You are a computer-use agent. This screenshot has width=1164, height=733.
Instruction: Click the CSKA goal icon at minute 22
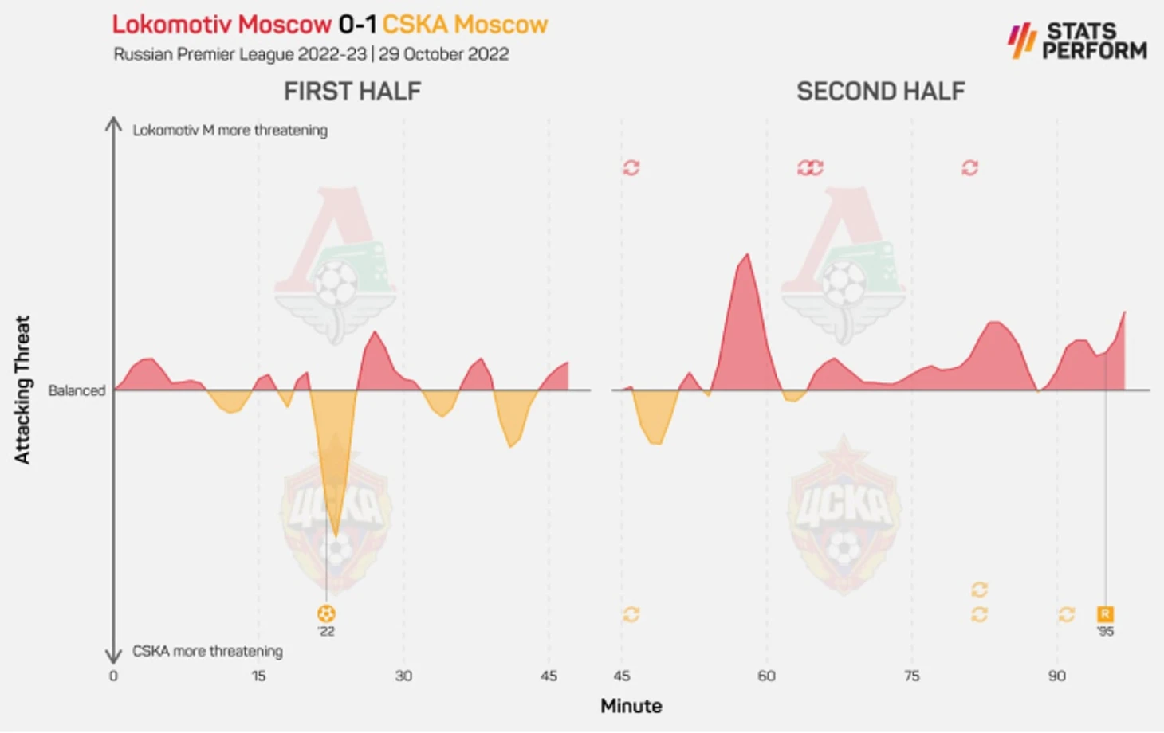pos(326,613)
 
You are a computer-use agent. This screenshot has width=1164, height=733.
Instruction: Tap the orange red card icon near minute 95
pos(1105,613)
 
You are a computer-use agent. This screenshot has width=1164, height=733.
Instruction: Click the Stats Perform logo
pos(1077,41)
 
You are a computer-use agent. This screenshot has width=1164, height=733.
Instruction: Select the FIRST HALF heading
pos(352,92)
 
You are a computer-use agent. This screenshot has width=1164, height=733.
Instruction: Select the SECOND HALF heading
pos(880,92)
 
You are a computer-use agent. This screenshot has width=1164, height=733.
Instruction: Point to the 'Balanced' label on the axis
pos(77,390)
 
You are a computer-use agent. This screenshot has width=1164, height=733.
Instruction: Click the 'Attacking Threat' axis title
pos(22,390)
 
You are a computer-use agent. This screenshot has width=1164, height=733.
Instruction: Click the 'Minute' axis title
pos(631,706)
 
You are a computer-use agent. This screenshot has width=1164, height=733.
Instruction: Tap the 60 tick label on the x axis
pos(766,676)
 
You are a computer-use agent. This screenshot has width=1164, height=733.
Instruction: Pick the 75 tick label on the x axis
pos(911,676)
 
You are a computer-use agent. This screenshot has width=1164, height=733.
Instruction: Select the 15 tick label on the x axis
pos(258,676)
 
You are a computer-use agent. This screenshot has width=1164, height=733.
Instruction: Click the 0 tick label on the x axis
pos(113,676)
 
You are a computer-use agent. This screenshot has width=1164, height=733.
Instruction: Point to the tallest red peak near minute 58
pos(747,257)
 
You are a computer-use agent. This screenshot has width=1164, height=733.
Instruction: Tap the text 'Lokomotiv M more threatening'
pos(230,130)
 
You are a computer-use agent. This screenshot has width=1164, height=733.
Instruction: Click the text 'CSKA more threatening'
pos(207,651)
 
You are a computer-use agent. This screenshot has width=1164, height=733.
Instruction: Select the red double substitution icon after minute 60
pos(810,167)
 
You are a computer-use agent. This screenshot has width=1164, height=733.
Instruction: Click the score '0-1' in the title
pos(356,25)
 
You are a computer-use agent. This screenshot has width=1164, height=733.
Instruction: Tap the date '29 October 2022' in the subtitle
pos(443,54)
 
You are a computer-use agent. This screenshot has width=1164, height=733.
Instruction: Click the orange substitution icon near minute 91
pos(1066,614)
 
